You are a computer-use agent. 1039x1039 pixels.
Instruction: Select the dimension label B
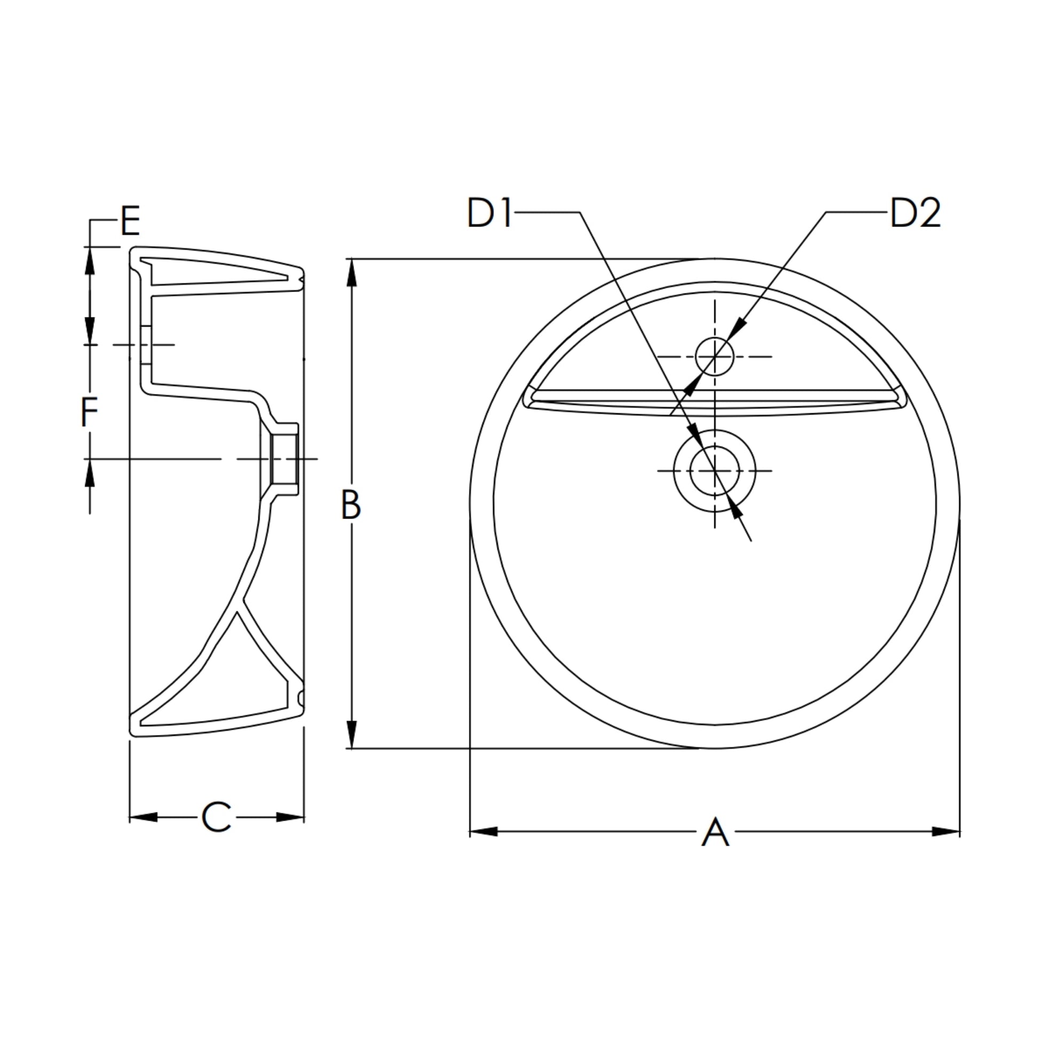[351, 505]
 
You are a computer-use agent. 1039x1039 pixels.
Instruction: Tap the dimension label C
[216, 817]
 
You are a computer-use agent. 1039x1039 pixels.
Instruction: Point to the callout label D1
[490, 213]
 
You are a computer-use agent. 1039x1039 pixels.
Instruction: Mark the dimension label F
[89, 413]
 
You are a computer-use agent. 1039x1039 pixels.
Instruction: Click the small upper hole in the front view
[715, 356]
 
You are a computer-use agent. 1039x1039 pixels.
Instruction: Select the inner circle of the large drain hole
[715, 470]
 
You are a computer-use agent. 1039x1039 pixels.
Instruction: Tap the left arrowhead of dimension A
[484, 831]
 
